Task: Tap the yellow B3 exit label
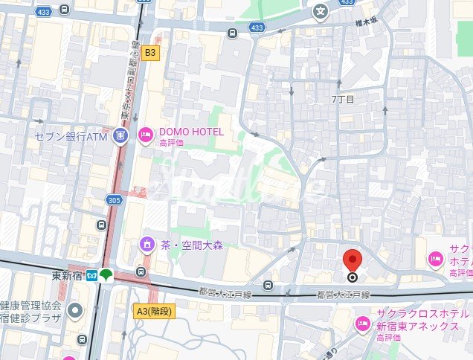click(151, 53)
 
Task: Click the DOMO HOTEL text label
click(191, 132)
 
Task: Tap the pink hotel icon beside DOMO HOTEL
click(144, 135)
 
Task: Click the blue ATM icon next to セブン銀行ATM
click(121, 136)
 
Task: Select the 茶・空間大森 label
click(191, 245)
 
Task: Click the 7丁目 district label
click(343, 98)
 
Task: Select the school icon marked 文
click(320, 11)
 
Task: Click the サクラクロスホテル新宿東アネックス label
click(417, 319)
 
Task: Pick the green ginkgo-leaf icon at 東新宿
click(106, 275)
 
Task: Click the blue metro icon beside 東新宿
click(91, 276)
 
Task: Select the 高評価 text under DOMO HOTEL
click(172, 144)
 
